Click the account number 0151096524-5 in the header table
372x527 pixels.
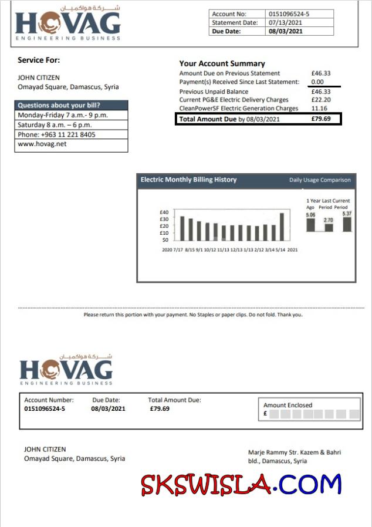(x=289, y=14)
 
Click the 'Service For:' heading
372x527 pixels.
(x=39, y=60)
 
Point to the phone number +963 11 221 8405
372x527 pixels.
(x=56, y=134)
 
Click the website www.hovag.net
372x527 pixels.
(x=42, y=144)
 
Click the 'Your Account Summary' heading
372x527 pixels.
(x=222, y=63)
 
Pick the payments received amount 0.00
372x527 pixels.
(x=317, y=82)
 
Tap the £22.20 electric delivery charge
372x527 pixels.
(x=321, y=100)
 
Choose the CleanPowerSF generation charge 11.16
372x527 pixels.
(x=319, y=109)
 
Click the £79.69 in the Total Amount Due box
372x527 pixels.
(x=321, y=119)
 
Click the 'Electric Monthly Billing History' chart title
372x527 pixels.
(x=188, y=180)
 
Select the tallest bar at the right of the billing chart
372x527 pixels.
(x=282, y=227)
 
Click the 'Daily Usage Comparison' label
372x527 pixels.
(x=320, y=180)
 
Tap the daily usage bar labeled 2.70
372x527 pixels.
(x=329, y=227)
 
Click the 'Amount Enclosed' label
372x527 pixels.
(x=288, y=405)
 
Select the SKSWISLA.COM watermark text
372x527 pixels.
(x=241, y=484)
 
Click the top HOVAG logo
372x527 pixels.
(x=68, y=23)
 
